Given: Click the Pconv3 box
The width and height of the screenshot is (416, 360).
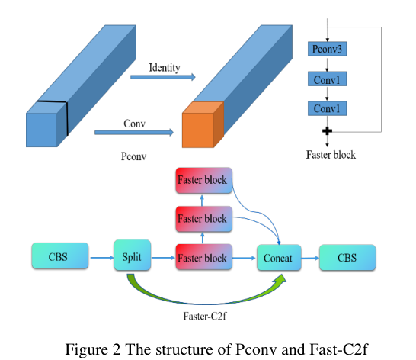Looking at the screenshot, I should pos(327,50).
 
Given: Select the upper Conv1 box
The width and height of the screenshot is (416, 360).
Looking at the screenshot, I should pos(326,79).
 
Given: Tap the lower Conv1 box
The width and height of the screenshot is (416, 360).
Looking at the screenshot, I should pos(326,108).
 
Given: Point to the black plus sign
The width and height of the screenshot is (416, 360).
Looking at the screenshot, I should pos(327,131).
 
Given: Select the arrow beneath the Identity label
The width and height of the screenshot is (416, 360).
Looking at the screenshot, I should pos(162,77).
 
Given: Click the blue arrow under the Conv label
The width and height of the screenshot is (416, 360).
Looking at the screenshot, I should pos(133,132).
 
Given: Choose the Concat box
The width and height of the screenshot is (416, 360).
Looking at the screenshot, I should pos(279,257).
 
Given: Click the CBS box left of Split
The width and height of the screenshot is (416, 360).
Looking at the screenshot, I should pos(59,257).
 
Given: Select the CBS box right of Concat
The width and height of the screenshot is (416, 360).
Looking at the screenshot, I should pos(347,257).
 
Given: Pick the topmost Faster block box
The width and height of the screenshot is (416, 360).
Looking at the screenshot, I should pos(202,181).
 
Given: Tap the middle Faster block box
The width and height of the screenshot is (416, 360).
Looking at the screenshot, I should pos(202,219).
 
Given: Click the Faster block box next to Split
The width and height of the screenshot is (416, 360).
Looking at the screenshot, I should pos(202,258).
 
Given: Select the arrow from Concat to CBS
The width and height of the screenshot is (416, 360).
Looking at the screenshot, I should pos(310,258).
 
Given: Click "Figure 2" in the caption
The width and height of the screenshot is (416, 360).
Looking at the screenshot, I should pos(92,349).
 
